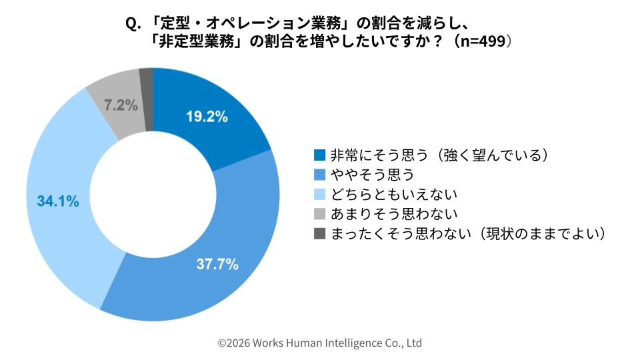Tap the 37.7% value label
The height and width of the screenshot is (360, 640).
(x=217, y=264)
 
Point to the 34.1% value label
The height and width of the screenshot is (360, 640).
(x=58, y=201)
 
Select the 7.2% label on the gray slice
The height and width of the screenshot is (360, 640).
(x=121, y=105)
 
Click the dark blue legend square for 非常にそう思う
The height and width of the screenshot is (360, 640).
(x=319, y=155)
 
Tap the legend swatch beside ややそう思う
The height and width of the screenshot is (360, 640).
(x=319, y=175)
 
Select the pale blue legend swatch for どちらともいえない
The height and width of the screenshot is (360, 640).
(x=319, y=195)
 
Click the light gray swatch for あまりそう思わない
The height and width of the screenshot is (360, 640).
(x=319, y=214)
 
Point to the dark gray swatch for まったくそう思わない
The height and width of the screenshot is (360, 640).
(x=319, y=233)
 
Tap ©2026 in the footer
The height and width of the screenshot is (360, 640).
(x=233, y=343)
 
